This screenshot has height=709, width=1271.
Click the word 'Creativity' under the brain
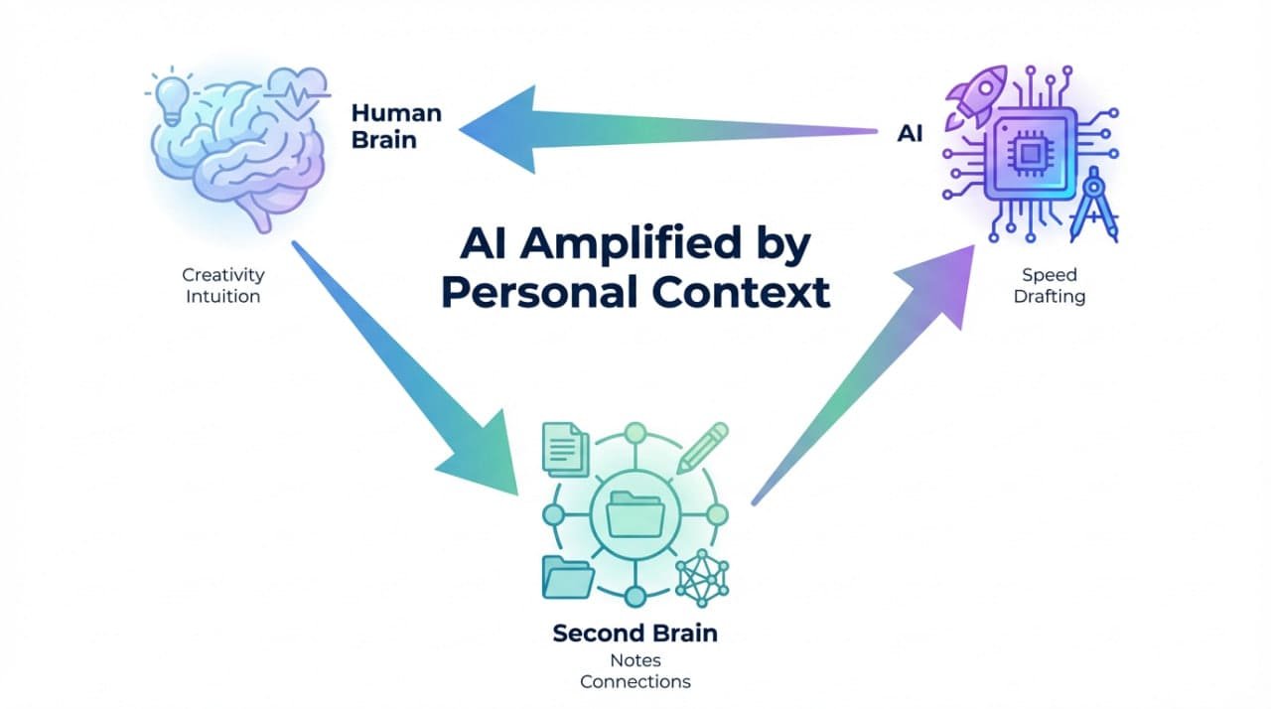click(x=223, y=274)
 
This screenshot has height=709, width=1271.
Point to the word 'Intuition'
click(x=223, y=295)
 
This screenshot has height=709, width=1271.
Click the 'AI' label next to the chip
click(x=910, y=134)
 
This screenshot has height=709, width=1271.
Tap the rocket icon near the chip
click(x=977, y=94)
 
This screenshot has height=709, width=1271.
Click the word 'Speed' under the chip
click(x=1049, y=275)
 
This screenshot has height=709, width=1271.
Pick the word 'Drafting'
click(x=1049, y=296)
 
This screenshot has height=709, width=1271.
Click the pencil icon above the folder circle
click(x=703, y=447)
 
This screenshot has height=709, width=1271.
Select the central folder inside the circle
click(x=635, y=514)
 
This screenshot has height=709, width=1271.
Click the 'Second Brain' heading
click(x=635, y=634)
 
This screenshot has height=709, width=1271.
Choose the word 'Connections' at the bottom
click(x=635, y=681)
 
